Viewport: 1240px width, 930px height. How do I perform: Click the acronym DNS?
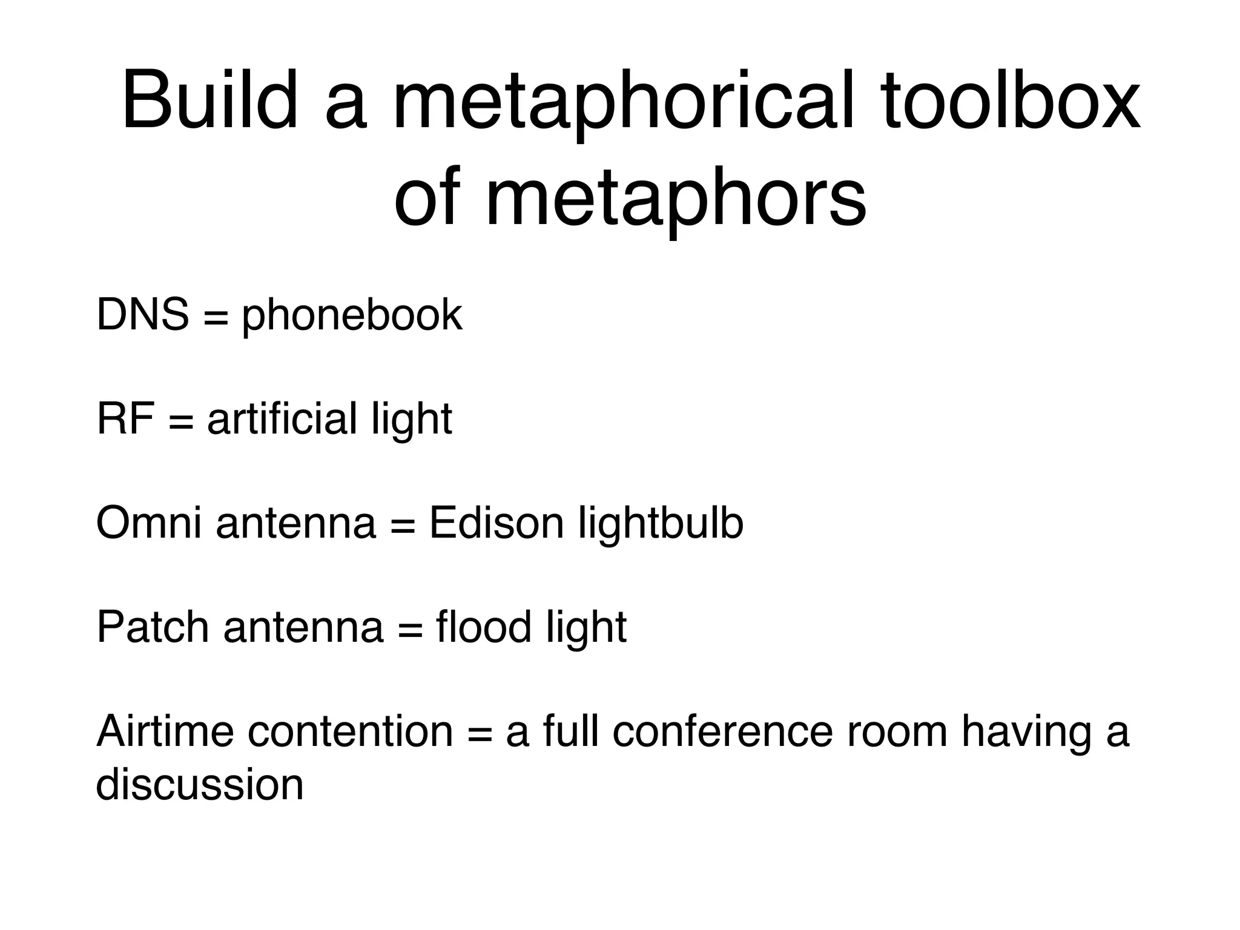tap(142, 315)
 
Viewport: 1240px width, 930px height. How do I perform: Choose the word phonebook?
tap(352, 316)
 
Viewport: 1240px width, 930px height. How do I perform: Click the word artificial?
tap(282, 419)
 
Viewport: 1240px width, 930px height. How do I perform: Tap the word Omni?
tap(148, 523)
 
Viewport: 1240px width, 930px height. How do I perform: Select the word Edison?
tap(496, 523)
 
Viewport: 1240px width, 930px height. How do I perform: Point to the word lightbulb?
tap(661, 523)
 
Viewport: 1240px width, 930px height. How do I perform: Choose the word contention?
tap(350, 731)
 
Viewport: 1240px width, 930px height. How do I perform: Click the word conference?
tap(722, 731)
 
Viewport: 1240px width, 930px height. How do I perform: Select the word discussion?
tap(200, 785)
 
